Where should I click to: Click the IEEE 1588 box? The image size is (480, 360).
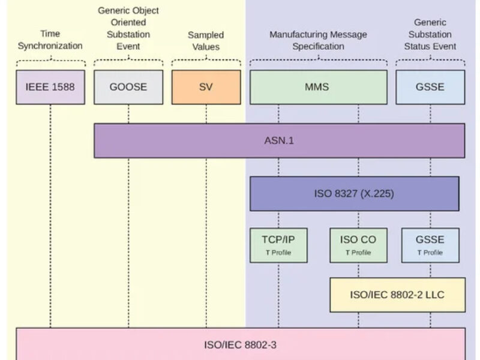click(x=50, y=87)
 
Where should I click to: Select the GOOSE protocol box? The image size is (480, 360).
click(x=128, y=87)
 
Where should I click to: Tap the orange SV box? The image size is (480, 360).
click(x=206, y=87)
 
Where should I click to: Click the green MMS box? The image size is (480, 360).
click(x=318, y=87)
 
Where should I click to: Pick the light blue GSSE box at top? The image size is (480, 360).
click(x=430, y=87)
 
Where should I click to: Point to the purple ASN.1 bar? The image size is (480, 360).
click(x=279, y=140)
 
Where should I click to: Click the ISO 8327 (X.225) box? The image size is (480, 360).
click(x=354, y=193)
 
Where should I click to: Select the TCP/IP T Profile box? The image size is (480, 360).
click(x=278, y=245)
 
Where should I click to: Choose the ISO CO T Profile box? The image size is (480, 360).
click(x=358, y=245)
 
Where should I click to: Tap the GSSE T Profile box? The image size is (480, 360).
click(x=430, y=245)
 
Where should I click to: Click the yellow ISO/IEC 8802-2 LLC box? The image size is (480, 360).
click(x=397, y=295)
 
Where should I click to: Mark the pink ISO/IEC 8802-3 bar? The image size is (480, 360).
click(x=240, y=344)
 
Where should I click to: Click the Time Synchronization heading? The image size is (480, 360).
click(x=50, y=40)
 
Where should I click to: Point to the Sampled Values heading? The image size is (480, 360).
click(x=206, y=41)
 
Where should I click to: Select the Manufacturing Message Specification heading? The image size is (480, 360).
click(x=318, y=40)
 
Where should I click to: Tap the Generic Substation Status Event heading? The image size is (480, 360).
click(x=430, y=34)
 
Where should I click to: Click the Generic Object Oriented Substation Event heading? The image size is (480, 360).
click(x=128, y=29)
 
